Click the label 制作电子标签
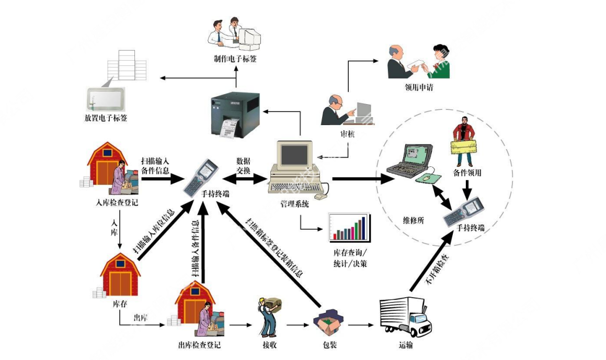[x=235, y=59]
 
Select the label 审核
[x=347, y=134]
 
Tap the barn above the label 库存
[x=121, y=276]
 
